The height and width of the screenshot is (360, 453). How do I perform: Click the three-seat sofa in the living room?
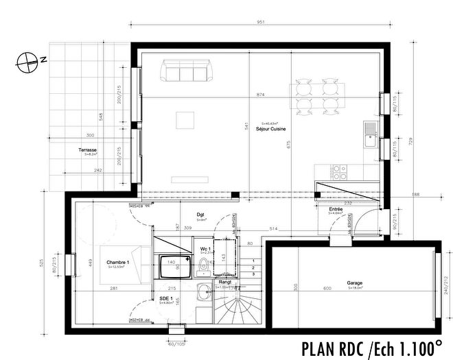[184, 71]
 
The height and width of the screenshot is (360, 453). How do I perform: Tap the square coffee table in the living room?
[186, 121]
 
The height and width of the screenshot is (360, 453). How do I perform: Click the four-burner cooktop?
[340, 168]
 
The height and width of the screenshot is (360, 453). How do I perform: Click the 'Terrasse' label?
[87, 149]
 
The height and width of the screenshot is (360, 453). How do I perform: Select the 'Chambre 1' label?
[119, 263]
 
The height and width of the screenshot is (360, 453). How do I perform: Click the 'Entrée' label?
[336, 208]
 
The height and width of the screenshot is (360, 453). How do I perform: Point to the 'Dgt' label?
[201, 215]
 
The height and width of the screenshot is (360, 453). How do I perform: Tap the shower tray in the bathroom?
[170, 267]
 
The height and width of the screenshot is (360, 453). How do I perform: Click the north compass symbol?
[27, 60]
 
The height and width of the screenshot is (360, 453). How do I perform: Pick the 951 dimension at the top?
[261, 22]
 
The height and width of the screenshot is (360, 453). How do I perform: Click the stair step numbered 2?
[254, 267]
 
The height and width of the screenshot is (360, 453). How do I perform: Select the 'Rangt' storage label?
[224, 282]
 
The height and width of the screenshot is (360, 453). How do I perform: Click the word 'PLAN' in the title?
[324, 348]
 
